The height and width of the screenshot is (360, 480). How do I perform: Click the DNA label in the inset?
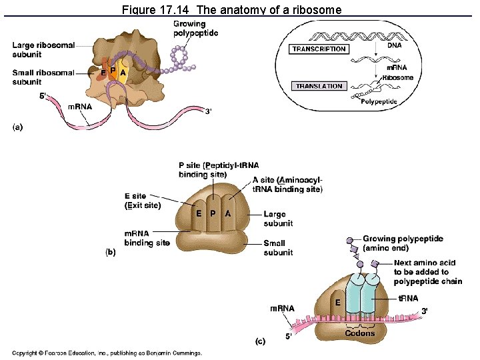tap(395, 45)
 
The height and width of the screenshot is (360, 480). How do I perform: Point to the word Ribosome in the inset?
tap(397, 77)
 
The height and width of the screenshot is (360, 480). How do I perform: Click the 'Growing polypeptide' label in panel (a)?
tap(195, 29)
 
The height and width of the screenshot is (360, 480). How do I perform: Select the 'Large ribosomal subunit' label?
tap(43, 49)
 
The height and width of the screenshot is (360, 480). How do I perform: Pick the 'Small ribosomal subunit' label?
tap(43, 77)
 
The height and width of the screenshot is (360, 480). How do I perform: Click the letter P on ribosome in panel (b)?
tap(213, 213)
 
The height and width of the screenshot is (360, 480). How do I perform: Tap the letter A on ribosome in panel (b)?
tap(227, 213)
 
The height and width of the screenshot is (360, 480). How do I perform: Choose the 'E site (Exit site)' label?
tap(143, 201)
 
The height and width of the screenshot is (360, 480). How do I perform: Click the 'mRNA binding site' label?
tap(147, 238)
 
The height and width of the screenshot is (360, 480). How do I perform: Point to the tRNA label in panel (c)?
tap(408, 299)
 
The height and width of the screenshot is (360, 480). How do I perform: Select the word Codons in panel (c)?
tap(360, 333)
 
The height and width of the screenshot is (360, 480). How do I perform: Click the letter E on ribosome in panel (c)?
tap(338, 302)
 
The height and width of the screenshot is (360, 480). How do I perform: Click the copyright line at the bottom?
tap(107, 353)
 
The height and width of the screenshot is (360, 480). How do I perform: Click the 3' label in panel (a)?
tap(209, 111)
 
